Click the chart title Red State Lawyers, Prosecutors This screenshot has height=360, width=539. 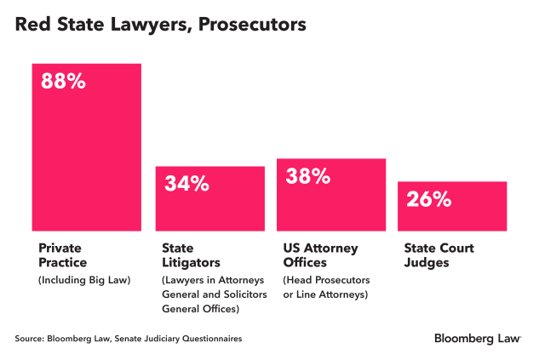coord(160,26)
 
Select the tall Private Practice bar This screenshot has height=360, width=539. coord(87,153)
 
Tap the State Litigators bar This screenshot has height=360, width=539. coord(209,204)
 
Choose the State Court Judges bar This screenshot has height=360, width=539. coord(452,209)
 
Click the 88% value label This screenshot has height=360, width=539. coord(63,82)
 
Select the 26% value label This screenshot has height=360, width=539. coord(428,199)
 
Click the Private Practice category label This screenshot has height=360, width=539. coord(63,255)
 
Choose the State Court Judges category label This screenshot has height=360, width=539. coord(439,255)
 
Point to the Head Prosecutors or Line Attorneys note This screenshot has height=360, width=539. coord(325,287)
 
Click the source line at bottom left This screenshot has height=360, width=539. coord(129,339)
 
